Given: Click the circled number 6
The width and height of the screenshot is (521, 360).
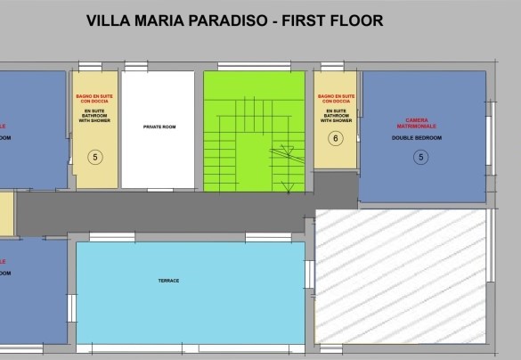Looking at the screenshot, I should pyautogui.click(x=335, y=138).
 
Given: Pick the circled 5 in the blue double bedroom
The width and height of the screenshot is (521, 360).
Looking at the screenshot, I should pyautogui.click(x=421, y=158).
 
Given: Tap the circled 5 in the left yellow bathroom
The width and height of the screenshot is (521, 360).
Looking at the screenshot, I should pyautogui.click(x=94, y=157).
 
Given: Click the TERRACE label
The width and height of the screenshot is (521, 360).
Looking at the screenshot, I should pyautogui.click(x=168, y=281).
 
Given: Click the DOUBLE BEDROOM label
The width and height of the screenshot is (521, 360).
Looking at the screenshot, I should pyautogui.click(x=422, y=139).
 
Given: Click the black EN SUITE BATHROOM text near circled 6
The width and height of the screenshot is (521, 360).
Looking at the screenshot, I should pyautogui.click(x=335, y=116).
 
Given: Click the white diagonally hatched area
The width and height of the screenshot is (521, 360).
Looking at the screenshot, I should pyautogui.click(x=401, y=276).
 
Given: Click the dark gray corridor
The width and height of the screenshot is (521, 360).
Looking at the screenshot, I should pyautogui.click(x=178, y=210).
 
